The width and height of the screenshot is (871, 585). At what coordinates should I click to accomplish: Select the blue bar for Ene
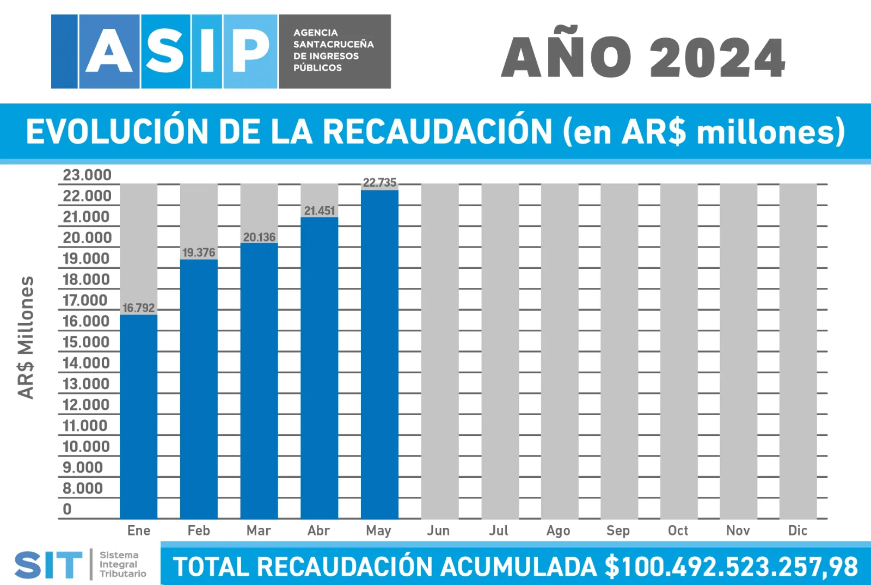pos(138,416)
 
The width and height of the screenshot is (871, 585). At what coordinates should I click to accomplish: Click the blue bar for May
pos(379,354)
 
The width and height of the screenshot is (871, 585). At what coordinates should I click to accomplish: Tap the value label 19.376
pos(199,253)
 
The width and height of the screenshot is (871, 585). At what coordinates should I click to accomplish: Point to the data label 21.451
pos(320,211)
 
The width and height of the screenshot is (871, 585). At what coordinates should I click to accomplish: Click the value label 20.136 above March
pos(259,237)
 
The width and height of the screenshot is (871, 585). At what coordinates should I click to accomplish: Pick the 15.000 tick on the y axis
pos(86,342)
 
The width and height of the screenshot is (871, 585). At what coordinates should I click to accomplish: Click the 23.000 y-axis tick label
pos(87,175)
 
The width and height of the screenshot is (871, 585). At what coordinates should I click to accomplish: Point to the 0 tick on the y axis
pos(67,509)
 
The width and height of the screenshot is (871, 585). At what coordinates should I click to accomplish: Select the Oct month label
pos(678,531)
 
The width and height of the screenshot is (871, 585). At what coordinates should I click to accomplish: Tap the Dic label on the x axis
pos(798,531)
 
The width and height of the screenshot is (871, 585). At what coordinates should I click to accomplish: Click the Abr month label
pos(318,531)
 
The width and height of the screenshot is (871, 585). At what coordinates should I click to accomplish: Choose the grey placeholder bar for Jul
pos(500,351)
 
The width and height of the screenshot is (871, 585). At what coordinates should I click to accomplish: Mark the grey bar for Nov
pos(738,351)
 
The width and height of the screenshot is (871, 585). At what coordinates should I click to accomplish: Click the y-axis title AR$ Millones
pos(26,337)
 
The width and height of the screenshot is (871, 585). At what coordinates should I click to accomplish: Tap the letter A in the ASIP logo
pos(109,52)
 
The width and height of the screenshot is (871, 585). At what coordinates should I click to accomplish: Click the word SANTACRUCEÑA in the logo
pos(333,44)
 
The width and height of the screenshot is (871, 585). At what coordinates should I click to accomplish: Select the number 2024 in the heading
pos(717,58)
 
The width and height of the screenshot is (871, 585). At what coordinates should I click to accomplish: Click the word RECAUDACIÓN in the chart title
pos(437,132)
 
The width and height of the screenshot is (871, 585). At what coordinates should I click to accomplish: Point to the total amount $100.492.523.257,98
pos(731,566)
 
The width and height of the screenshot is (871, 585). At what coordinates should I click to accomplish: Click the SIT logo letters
pos(48,565)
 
